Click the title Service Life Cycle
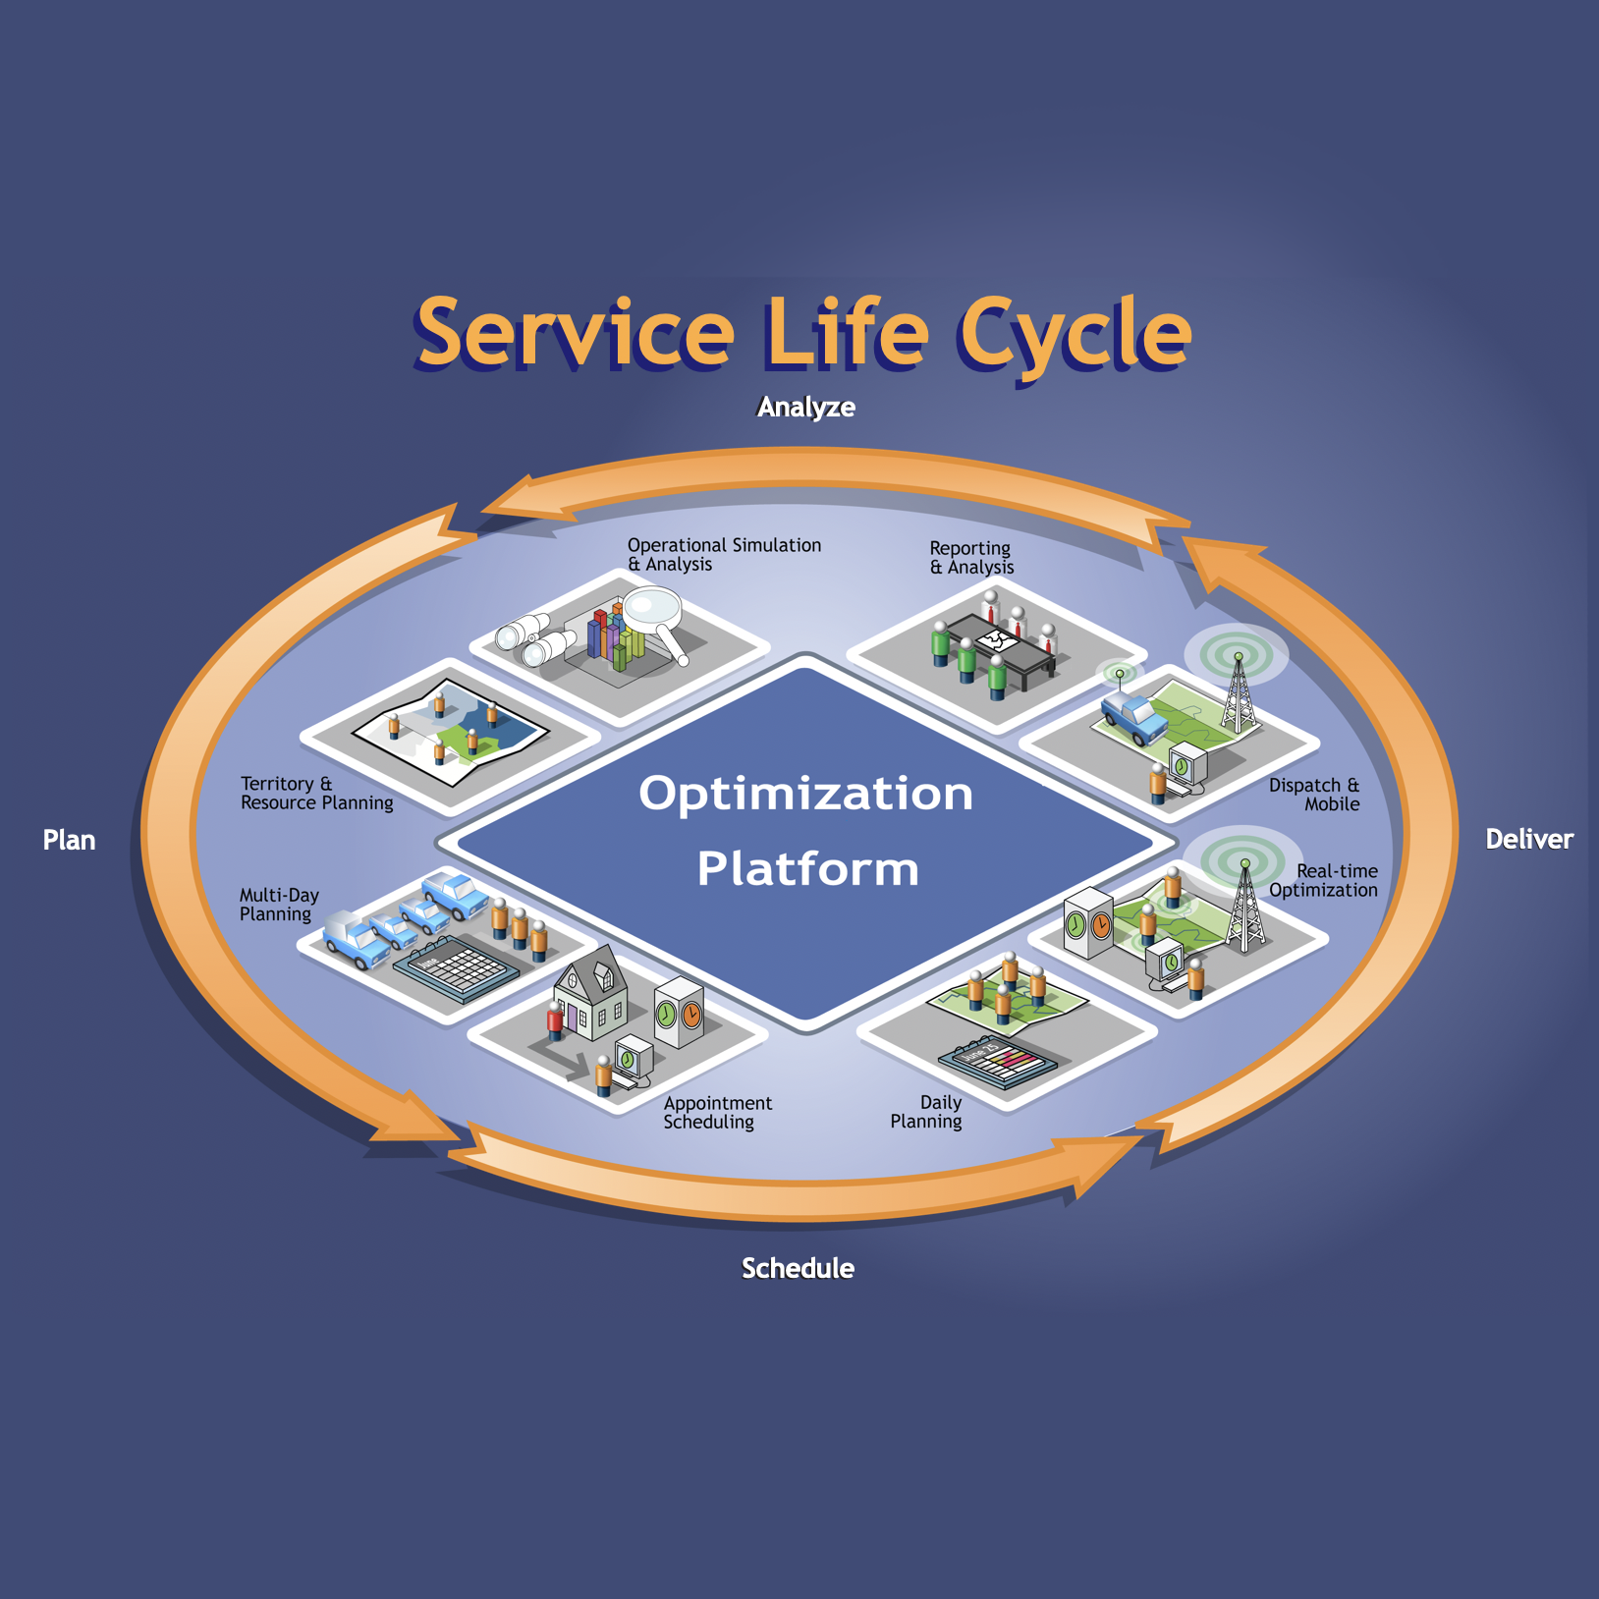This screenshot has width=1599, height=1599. pos(802,333)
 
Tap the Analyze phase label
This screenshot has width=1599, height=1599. pos(805,408)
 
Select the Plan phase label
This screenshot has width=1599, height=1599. pos(69,841)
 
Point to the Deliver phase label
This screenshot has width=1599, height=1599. pos(1528,840)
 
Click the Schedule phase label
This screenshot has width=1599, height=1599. pos(798,1269)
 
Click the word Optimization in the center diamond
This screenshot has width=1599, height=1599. pos(805,794)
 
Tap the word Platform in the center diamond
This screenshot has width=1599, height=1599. pos(807,869)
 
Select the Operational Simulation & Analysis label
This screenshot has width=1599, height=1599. pos(724,555)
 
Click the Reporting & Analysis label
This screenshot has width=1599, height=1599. pos(971,558)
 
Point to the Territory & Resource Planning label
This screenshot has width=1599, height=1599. pos(316,794)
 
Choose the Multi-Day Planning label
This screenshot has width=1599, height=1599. pos(279,905)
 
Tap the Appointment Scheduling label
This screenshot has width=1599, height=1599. pos(717,1113)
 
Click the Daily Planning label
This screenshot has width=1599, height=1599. pos(927,1112)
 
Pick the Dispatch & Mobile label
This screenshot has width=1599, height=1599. pos(1314,795)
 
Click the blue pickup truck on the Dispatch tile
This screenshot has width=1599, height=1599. pos(1133,717)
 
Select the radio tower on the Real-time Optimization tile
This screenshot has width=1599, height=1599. pos(1244,909)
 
